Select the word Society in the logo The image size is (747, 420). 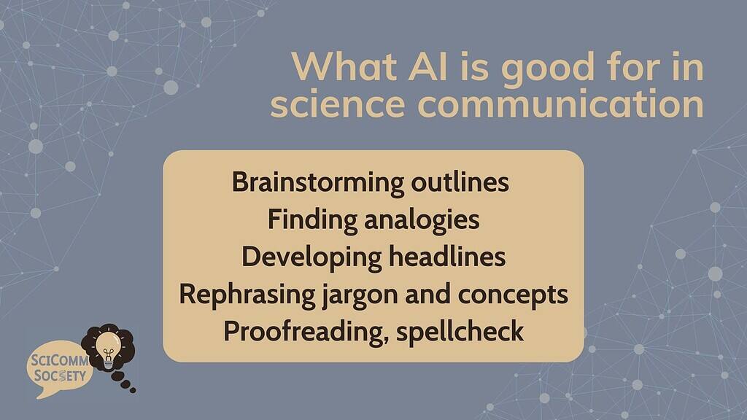click(x=61, y=377)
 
